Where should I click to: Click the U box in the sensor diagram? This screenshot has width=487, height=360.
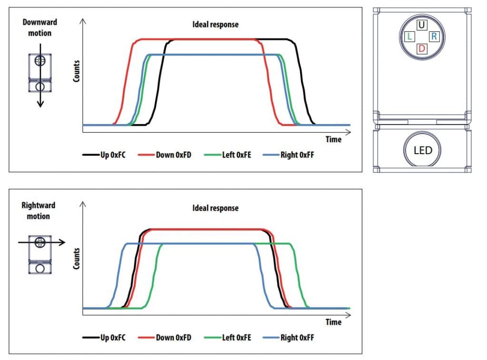pyautogui.click(x=421, y=25)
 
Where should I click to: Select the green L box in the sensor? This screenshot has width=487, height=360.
pyautogui.click(x=409, y=37)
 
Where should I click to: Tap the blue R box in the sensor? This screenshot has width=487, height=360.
pyautogui.click(x=434, y=37)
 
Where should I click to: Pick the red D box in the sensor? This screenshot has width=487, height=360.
pyautogui.click(x=421, y=49)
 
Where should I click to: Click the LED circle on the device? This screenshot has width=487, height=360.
pyautogui.click(x=422, y=150)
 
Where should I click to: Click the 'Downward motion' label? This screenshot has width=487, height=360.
pyautogui.click(x=40, y=28)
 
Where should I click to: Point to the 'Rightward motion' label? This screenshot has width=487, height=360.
pyautogui.click(x=39, y=211)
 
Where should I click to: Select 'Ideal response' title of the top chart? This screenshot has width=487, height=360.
pyautogui.click(x=215, y=24)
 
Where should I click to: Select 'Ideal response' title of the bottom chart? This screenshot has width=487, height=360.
pyautogui.click(x=215, y=208)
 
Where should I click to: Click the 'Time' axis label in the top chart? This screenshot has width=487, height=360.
pyautogui.click(x=333, y=139)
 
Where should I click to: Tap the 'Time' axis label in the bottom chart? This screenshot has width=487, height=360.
pyautogui.click(x=333, y=322)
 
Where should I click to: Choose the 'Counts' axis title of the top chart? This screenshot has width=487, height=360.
pyautogui.click(x=76, y=71)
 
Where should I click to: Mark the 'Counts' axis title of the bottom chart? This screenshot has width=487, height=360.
pyautogui.click(x=76, y=258)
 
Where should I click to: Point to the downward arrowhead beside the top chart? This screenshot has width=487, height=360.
pyautogui.click(x=40, y=104)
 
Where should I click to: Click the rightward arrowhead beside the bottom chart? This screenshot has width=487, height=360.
pyautogui.click(x=62, y=243)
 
